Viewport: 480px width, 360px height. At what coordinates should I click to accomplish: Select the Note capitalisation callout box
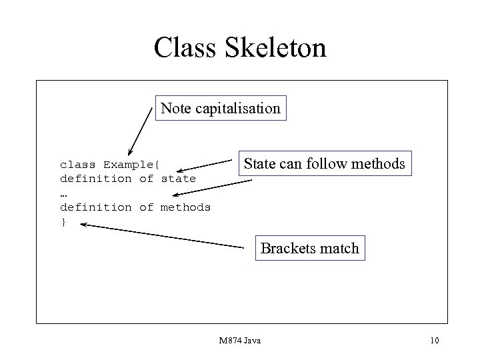pos(221,108)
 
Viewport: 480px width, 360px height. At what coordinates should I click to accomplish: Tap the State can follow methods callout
pos(324,163)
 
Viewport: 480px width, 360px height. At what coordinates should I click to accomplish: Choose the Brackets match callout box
pos(310,249)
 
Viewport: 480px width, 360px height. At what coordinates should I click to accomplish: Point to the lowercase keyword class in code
pos(78,164)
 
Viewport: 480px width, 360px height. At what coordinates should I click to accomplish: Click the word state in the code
pos(178,179)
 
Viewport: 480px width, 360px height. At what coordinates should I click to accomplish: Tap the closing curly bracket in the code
pos(63,221)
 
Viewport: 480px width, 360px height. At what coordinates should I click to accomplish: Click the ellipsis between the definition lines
pos(63,193)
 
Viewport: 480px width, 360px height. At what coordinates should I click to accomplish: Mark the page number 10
pos(435,341)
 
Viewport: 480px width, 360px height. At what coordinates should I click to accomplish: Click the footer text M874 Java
pos(240,341)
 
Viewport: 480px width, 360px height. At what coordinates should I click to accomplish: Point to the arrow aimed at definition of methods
pos(211,187)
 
